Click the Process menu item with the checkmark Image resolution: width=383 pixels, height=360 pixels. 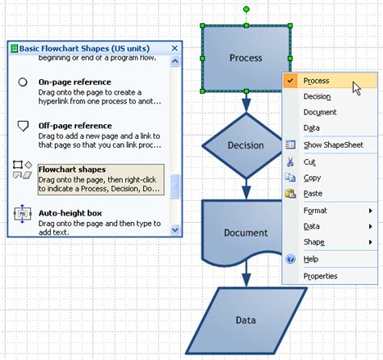click(x=316, y=81)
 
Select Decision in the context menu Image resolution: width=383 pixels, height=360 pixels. click(x=317, y=97)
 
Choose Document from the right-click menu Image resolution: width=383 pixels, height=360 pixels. click(x=320, y=112)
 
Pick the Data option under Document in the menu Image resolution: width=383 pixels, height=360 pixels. click(x=311, y=128)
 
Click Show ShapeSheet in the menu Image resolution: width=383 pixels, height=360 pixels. click(x=333, y=145)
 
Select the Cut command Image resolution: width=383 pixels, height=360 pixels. click(x=309, y=161)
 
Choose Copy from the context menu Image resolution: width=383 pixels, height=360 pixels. click(x=312, y=178)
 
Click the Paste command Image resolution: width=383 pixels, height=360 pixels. click(x=314, y=194)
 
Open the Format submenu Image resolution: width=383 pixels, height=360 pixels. click(x=315, y=211)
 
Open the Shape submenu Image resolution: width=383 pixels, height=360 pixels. click(x=314, y=242)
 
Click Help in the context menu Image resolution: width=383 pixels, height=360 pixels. click(x=311, y=259)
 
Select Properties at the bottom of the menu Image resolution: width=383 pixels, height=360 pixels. click(x=320, y=276)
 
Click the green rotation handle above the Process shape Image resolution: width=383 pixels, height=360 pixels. click(x=246, y=10)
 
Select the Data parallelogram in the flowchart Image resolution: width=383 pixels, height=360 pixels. click(x=246, y=320)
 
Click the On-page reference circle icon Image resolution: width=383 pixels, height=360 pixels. click(x=23, y=83)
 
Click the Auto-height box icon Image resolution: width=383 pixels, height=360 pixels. click(x=23, y=216)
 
